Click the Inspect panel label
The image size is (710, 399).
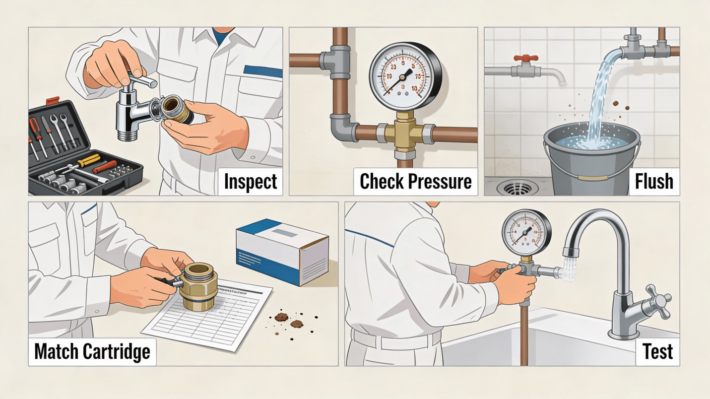tap(251, 182)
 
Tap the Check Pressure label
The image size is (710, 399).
tap(416, 182)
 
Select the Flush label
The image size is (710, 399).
tap(654, 182)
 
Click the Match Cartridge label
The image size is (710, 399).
tap(92, 352)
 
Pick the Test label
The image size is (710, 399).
tap(657, 352)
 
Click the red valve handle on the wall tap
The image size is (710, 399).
tap(526, 58)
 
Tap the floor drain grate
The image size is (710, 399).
tap(517, 188)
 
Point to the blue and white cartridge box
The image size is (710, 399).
tap(282, 252)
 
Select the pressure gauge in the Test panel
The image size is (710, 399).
tap(526, 233)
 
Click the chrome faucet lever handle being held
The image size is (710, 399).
tap(142, 79)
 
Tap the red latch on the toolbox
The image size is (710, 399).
tap(53, 100)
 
